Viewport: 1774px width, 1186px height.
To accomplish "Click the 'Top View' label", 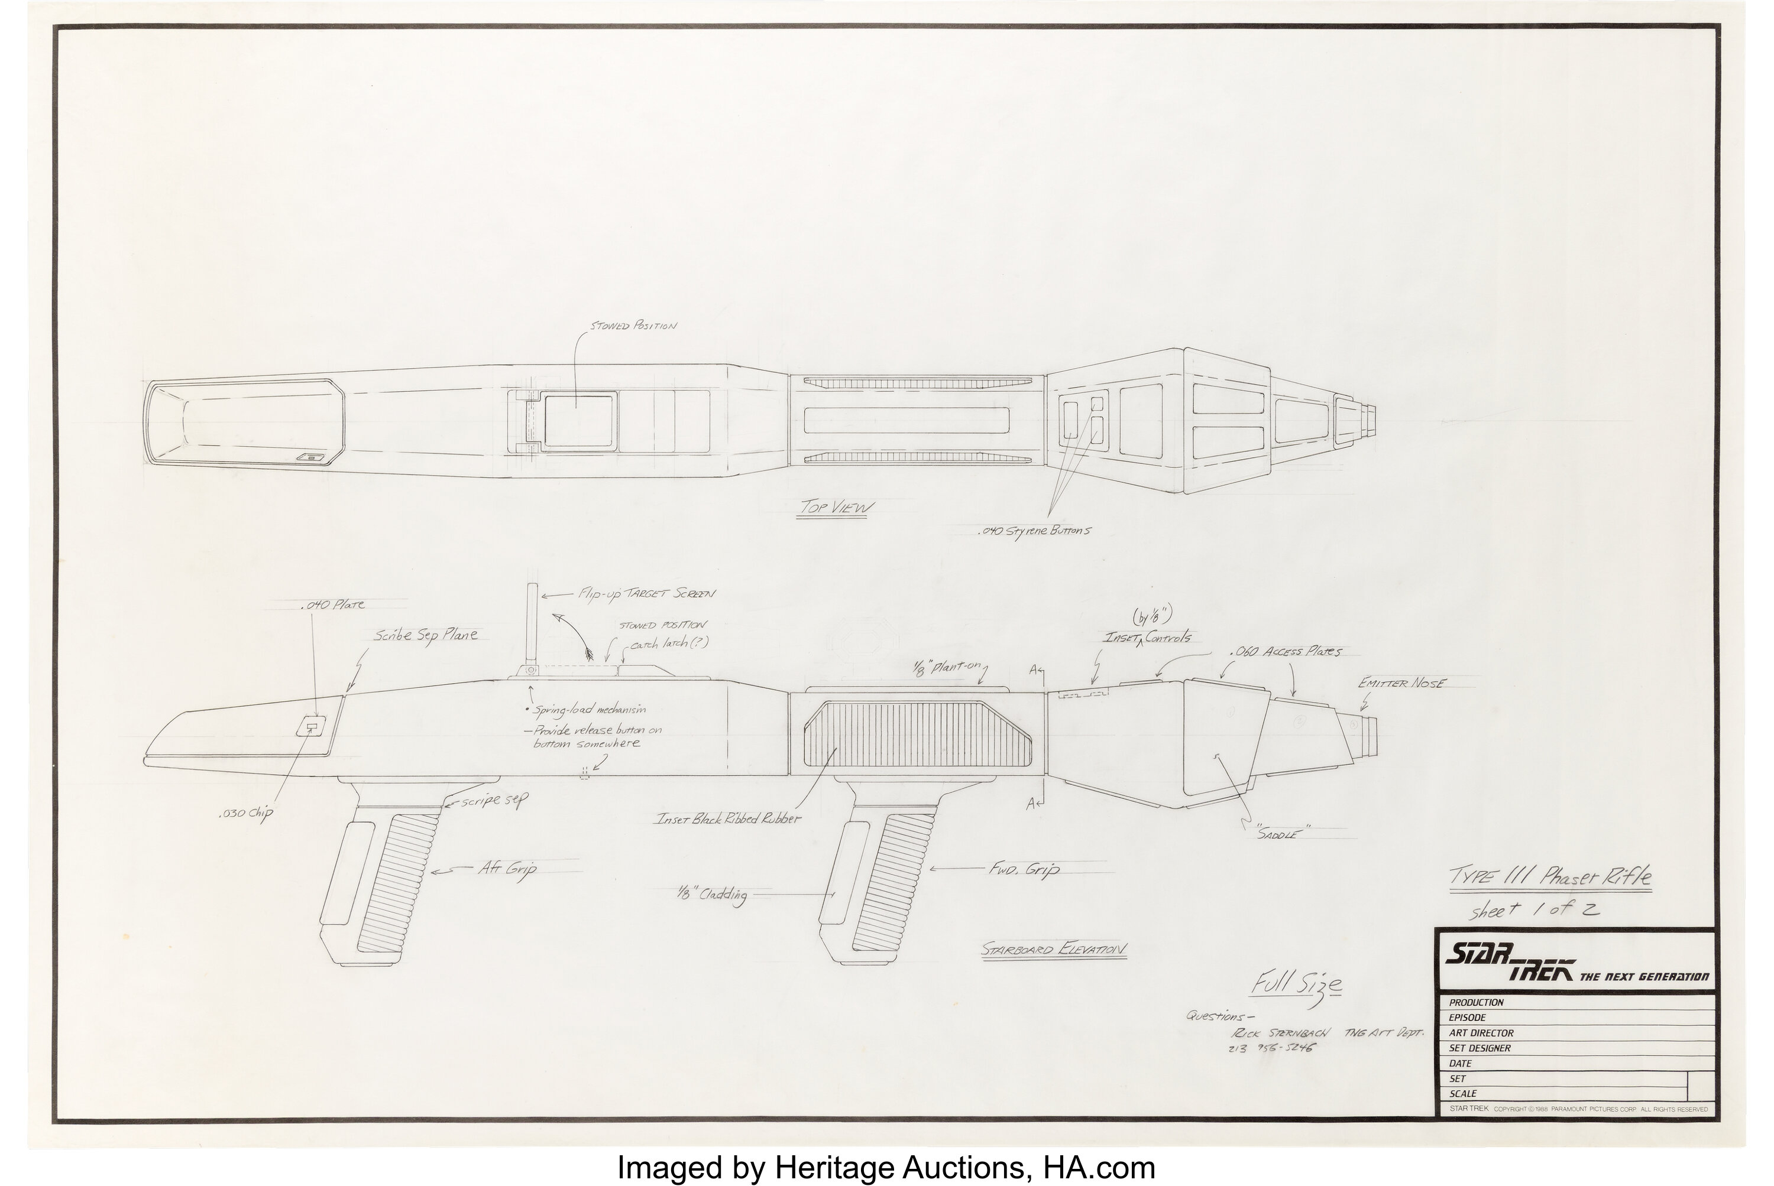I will (x=836, y=507).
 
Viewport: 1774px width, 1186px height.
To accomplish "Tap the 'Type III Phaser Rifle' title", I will (x=1549, y=879).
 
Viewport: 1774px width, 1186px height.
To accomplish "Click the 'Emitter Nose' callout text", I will (x=1401, y=683).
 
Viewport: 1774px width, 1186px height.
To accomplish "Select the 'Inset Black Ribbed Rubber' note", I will (x=727, y=818).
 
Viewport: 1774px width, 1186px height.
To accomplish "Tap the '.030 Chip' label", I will (x=244, y=814).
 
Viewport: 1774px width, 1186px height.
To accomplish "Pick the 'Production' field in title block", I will (x=1476, y=1002).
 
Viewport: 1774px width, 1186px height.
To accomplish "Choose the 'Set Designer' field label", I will (x=1480, y=1048).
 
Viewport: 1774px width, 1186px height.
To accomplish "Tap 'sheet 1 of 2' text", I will (x=1534, y=911).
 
